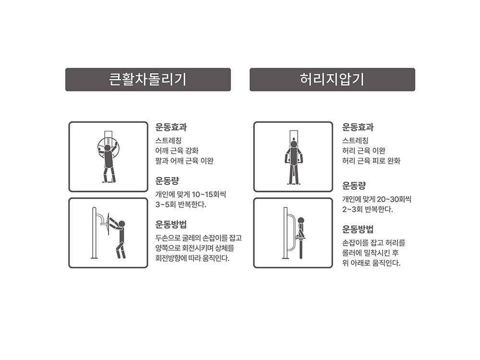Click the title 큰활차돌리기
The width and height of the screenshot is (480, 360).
[x=147, y=79]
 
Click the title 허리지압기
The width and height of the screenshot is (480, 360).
[x=332, y=79]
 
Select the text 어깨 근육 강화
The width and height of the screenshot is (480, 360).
[x=177, y=151]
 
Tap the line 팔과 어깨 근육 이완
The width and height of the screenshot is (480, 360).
[x=184, y=161]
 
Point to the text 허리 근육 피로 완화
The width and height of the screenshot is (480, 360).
[x=372, y=161]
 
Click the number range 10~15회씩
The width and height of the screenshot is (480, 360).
[x=209, y=194]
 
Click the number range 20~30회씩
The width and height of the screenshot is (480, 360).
[x=394, y=199]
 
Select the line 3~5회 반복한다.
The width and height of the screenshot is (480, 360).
[x=181, y=204]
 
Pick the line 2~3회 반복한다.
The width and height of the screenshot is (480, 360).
[x=368, y=209]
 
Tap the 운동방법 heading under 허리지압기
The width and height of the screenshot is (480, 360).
[x=358, y=229]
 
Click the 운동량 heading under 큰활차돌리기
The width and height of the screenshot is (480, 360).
[x=167, y=180]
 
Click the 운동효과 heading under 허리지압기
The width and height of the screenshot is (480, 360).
[x=358, y=127]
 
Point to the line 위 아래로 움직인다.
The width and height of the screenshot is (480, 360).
[x=372, y=263]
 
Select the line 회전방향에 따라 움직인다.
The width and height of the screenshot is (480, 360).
[x=192, y=258]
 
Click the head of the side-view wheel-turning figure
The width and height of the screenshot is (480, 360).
[x=122, y=224]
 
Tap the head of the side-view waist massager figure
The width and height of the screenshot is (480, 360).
[x=301, y=220]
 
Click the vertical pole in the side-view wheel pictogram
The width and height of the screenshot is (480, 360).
[x=94, y=233]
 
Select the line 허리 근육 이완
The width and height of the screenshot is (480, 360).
[x=364, y=151]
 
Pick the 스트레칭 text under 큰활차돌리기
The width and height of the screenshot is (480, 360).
[x=168, y=141]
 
